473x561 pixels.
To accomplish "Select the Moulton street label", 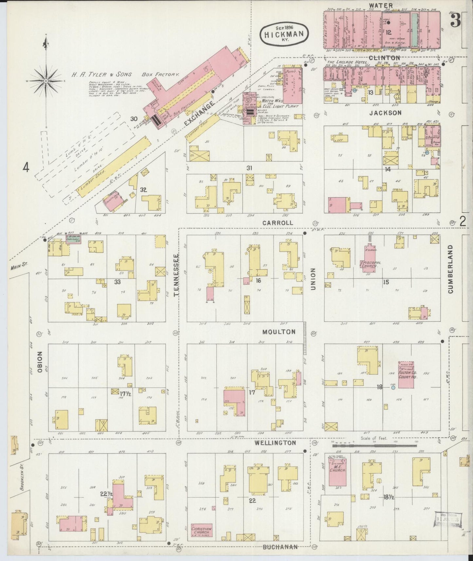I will pyautogui.click(x=279, y=332).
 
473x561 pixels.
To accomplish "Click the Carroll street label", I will pyautogui.click(x=277, y=223).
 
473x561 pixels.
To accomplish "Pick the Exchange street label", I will pyautogui.click(x=199, y=114).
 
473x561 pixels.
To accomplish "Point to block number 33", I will pyautogui.click(x=117, y=281).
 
